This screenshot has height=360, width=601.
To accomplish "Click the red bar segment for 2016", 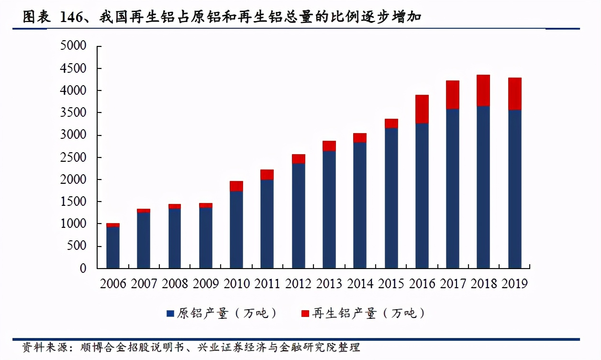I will point(422,109).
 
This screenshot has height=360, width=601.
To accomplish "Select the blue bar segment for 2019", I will point(515,189).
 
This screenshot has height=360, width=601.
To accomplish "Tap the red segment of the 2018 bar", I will point(483,90).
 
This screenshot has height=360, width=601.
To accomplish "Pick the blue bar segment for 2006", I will point(113,247).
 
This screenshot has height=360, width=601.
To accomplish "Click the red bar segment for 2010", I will point(236,186).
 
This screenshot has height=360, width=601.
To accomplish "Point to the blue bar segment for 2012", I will point(299,216).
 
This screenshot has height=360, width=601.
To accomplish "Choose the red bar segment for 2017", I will point(453,95).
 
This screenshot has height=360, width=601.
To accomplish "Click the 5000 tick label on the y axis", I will point(73,46).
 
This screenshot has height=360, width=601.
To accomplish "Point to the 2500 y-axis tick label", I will point(73,157).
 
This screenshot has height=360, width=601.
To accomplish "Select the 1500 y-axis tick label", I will point(73,202).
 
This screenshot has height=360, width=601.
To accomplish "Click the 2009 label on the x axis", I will point(206,284).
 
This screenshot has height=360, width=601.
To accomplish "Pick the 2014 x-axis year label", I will point(360,284).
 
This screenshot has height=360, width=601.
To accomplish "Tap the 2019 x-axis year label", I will point(515,284).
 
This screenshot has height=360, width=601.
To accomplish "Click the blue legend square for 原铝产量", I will point(170,314).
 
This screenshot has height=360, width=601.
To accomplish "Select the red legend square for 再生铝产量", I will point(305,314).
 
